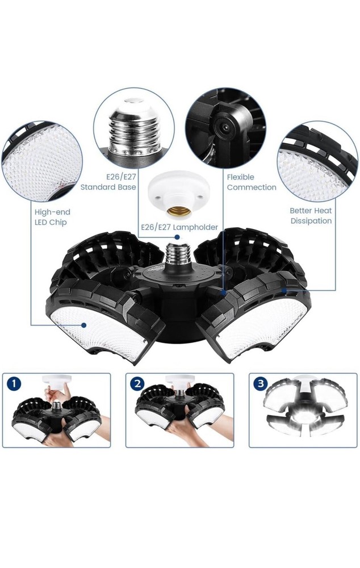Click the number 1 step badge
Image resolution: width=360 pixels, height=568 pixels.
tap(15, 384)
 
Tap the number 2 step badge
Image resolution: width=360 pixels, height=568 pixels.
tap(137, 384)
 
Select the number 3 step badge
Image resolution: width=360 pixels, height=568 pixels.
tap(261, 384)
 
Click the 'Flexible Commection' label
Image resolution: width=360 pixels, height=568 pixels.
tap(251, 182)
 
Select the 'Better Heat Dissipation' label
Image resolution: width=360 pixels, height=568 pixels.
tap(311, 215)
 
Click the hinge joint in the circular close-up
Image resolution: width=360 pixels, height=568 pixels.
tap(227, 128)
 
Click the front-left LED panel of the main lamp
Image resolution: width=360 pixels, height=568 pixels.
tap(105, 327)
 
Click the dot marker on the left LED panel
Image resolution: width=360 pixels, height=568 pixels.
tap(83, 325)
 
